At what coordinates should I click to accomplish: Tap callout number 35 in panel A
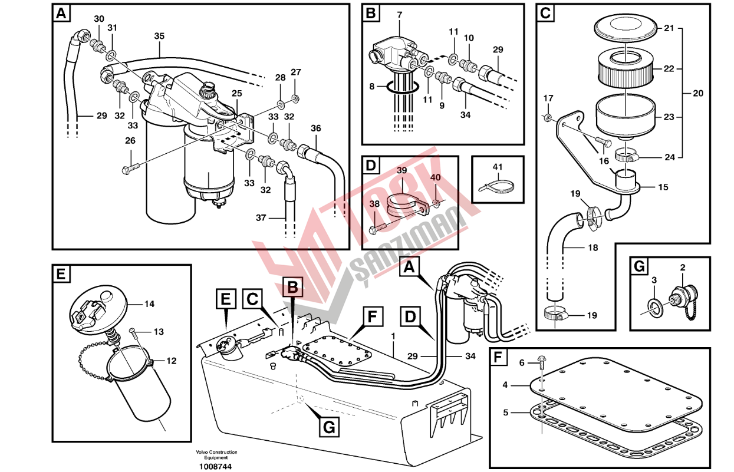point(159,36)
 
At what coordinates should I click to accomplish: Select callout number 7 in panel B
point(399,13)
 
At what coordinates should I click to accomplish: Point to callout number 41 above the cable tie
point(498,167)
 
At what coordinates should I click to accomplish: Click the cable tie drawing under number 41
point(496,187)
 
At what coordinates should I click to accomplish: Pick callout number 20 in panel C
point(698,93)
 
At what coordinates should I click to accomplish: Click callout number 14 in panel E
point(149,305)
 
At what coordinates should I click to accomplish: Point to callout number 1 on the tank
point(393,335)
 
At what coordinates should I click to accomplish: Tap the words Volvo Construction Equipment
point(212,455)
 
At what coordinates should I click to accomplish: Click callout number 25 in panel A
point(236,93)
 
